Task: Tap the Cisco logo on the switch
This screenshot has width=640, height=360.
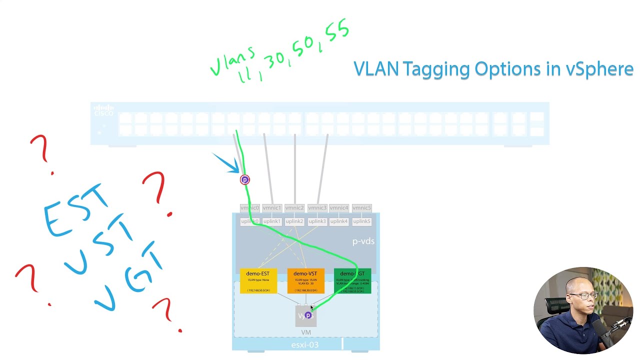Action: [104, 110]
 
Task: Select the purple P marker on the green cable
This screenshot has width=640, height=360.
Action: [244, 180]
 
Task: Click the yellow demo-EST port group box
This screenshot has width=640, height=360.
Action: [258, 281]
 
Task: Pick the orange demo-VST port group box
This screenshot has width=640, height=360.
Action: [305, 281]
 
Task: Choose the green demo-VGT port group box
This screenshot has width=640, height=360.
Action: [353, 281]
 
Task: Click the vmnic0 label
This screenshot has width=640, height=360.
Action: [249, 208]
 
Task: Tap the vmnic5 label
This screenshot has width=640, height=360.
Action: [361, 208]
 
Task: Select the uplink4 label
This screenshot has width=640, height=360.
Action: [339, 221]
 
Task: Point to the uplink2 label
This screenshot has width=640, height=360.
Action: [294, 221]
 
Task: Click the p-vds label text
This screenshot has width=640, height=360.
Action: [363, 241]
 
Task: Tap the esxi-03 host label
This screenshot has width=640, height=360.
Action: [305, 345]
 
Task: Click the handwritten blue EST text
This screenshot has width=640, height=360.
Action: [75, 210]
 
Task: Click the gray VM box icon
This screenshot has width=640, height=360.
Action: [306, 316]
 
